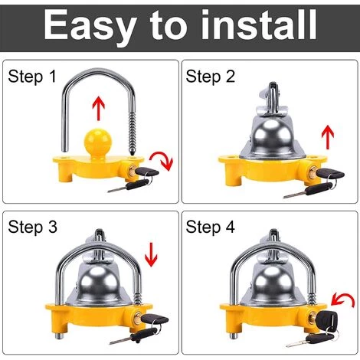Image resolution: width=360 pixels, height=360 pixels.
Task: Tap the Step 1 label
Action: pyautogui.click(x=32, y=76)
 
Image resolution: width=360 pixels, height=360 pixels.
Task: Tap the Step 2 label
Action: pyautogui.click(x=211, y=76)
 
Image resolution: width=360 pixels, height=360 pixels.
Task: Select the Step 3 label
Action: pyautogui.click(x=32, y=227)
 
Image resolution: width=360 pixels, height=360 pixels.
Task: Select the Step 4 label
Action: pyautogui.click(x=211, y=227)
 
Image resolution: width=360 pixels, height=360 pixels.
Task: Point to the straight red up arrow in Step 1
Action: pyautogui.click(x=99, y=108)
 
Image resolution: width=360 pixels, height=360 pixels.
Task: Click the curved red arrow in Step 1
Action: pyautogui.click(x=162, y=160)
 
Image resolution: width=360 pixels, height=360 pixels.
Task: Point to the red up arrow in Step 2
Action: pyautogui.click(x=328, y=137)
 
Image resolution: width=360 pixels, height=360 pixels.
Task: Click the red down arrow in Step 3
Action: pyautogui.click(x=151, y=254)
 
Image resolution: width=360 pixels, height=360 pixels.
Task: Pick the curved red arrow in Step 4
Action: pyautogui.click(x=342, y=299)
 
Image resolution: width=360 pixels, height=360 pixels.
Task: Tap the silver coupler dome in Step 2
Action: pyautogui.click(x=273, y=137)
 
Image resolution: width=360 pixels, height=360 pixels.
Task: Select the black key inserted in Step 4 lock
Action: pyautogui.click(x=327, y=319)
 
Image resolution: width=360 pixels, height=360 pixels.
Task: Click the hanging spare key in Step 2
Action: pyautogui.click(x=303, y=190)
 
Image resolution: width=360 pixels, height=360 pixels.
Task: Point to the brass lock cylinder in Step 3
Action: pyautogui.click(x=136, y=318)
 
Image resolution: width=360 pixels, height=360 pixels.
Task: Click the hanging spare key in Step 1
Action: pyautogui.click(x=128, y=185)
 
